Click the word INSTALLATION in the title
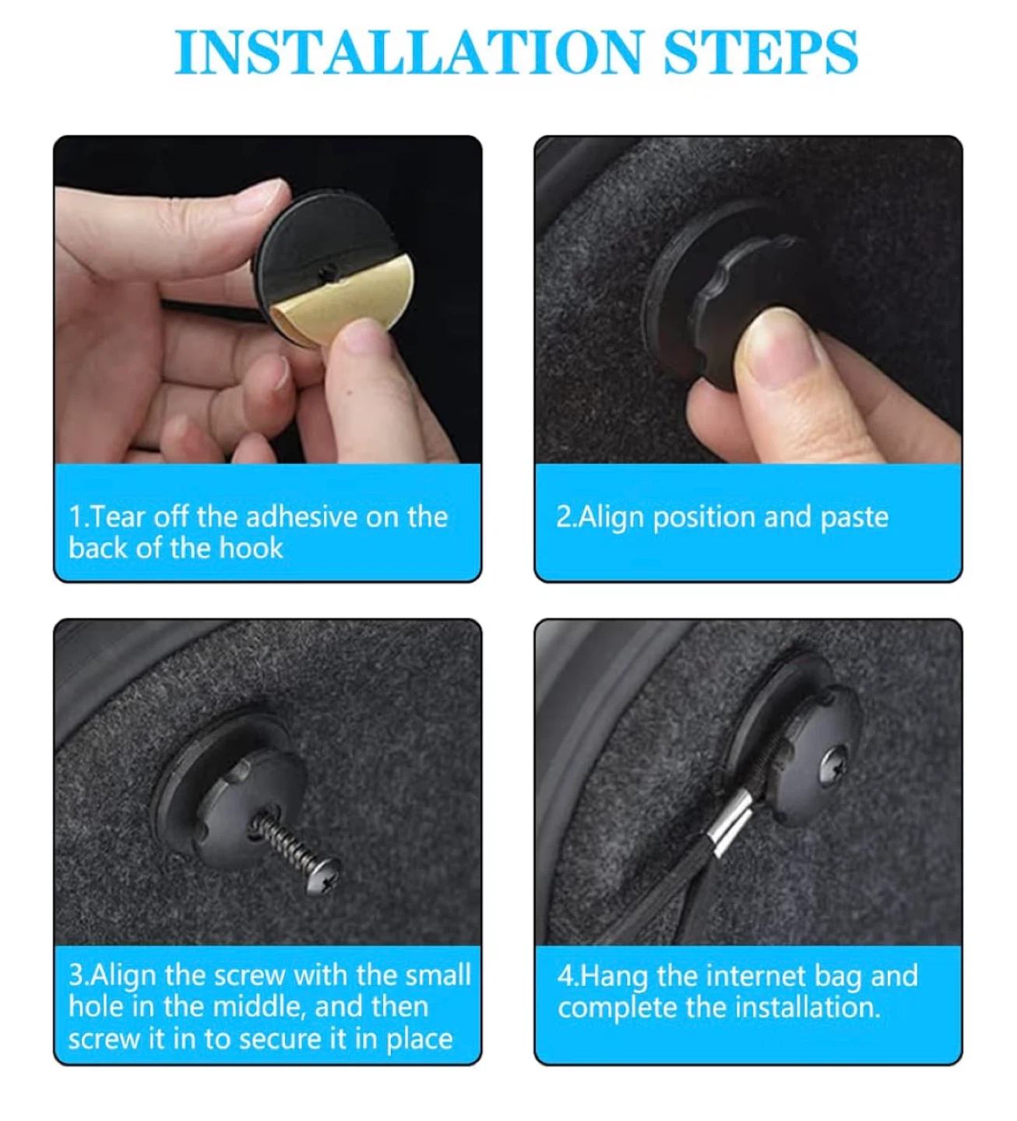pos(409,52)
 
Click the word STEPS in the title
pos(760,52)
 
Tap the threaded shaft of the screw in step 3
pos(284,844)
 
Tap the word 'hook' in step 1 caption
pos(251,547)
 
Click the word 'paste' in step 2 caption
pos(854,518)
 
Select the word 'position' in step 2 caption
pos(704,518)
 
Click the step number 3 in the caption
pos(76,975)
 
